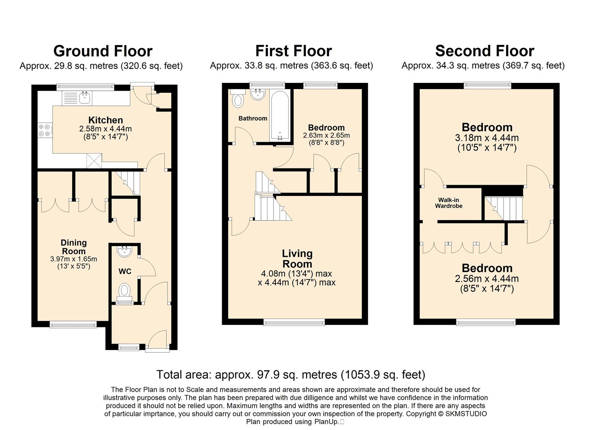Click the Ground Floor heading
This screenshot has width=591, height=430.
(x=103, y=51)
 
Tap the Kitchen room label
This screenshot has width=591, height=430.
(x=105, y=120)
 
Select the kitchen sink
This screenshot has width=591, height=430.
(x=77, y=98)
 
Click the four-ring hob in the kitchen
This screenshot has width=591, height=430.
(x=45, y=131)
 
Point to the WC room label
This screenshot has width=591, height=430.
(x=125, y=272)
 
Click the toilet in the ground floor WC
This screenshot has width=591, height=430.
(x=125, y=293)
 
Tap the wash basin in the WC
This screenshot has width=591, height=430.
(x=125, y=252)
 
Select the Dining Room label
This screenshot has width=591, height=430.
(x=74, y=247)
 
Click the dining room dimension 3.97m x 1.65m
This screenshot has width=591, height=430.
(x=74, y=259)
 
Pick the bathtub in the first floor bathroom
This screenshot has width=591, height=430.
(x=280, y=115)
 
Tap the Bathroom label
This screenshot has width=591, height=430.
(x=253, y=118)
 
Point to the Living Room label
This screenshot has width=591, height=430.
(x=297, y=259)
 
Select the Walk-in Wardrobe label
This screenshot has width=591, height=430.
(x=449, y=203)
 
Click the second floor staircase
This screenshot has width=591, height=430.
(x=504, y=208)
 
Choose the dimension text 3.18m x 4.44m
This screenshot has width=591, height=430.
(x=487, y=138)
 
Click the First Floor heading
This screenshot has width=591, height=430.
(x=294, y=51)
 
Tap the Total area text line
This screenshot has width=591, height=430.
(x=291, y=374)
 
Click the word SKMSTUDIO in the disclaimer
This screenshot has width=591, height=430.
(x=466, y=414)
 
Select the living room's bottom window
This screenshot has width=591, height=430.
(x=294, y=322)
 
